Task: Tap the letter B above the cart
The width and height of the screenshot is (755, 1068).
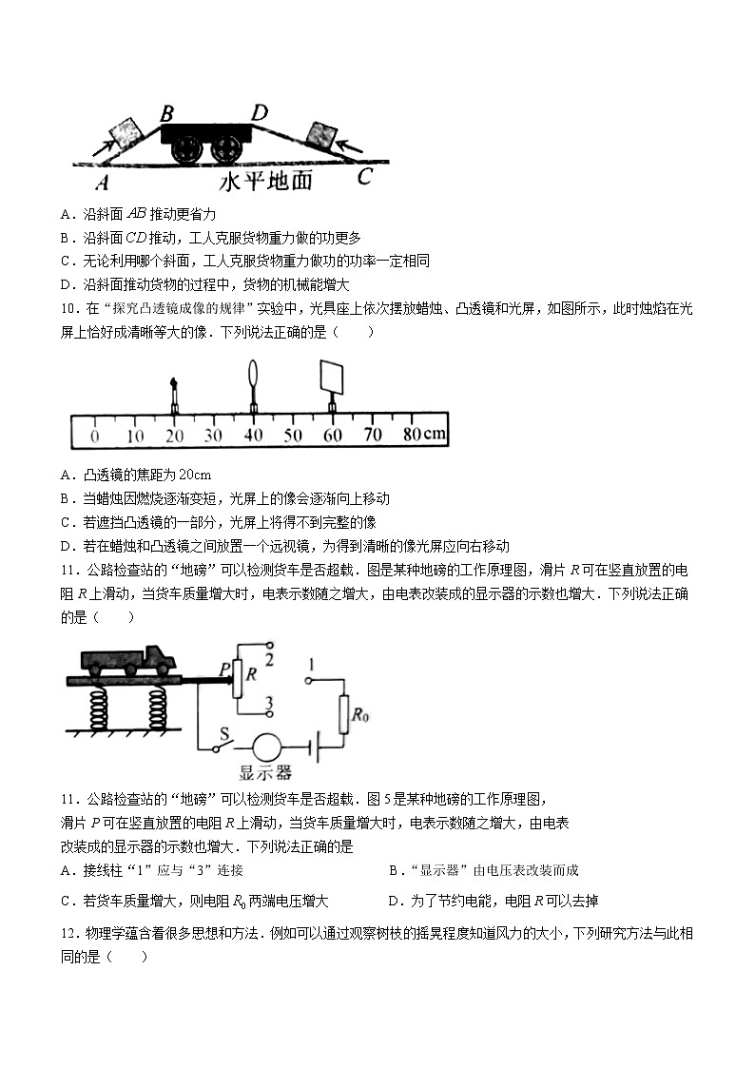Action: pos(166,114)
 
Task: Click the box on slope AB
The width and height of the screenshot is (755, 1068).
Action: pos(126,129)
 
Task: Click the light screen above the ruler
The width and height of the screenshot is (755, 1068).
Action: pos(332,376)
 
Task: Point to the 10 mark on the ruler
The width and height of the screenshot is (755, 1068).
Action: pos(134,436)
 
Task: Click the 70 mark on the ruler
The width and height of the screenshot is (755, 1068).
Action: pos(373,436)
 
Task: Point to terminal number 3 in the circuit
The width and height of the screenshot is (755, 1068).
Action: pos(269,703)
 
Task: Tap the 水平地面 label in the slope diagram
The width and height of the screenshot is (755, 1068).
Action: pos(266,181)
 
